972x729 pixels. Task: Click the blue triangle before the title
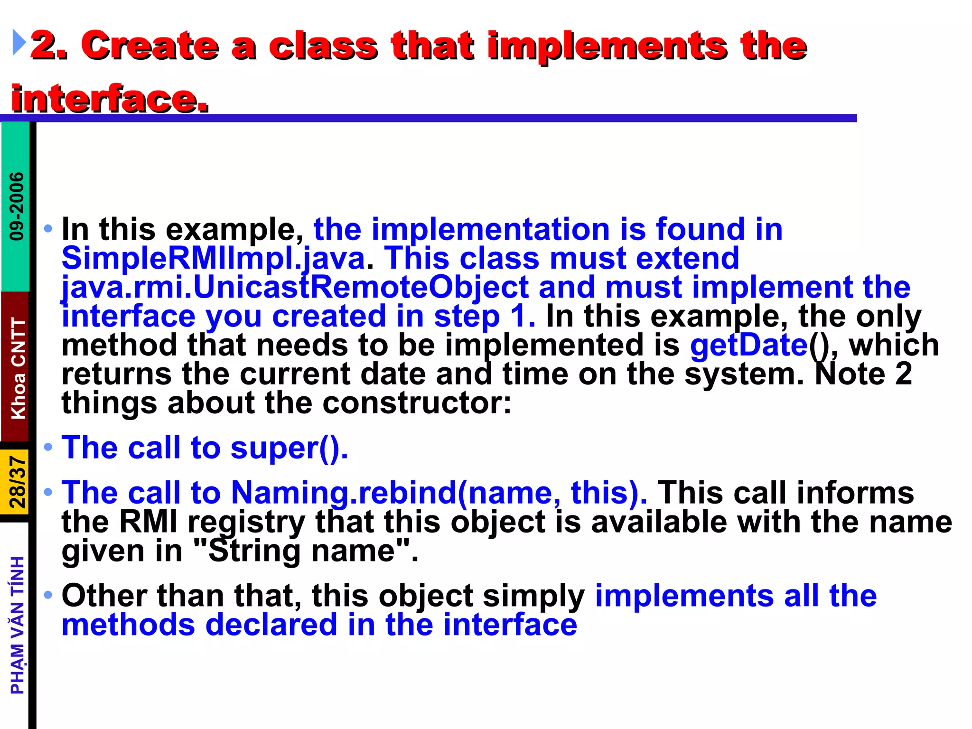[x=19, y=42]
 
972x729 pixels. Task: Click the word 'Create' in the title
[x=150, y=46]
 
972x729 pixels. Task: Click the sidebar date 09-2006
[x=17, y=206]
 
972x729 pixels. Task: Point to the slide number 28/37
[x=18, y=482]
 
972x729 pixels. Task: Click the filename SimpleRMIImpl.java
[x=214, y=259]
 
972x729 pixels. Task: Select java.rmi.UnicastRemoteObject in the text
[x=295, y=288]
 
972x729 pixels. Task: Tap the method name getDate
[x=748, y=345]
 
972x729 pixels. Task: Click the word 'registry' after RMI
[x=246, y=523]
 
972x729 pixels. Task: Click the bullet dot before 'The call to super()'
[x=48, y=447]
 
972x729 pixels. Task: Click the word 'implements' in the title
[x=608, y=46]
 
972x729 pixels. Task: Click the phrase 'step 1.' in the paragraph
[x=485, y=317]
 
